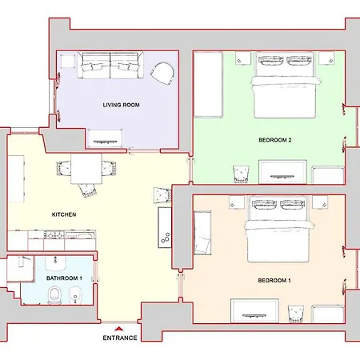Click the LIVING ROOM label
[122, 105]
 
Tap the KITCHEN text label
[64, 214]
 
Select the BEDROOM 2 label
[275, 140]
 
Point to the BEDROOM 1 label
[274, 281]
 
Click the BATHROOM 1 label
[64, 278]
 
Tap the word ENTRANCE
[120, 338]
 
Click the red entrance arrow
[119, 329]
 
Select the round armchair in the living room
[162, 73]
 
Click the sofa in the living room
[110, 66]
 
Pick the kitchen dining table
[86, 169]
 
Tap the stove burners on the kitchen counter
[54, 235]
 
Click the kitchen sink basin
[79, 236]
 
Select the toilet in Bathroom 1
[55, 295]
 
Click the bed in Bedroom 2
[285, 85]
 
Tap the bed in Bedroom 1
[278, 229]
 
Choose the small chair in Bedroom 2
[241, 174]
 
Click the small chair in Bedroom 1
[296, 314]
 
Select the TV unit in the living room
[104, 138]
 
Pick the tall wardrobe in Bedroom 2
[208, 85]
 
